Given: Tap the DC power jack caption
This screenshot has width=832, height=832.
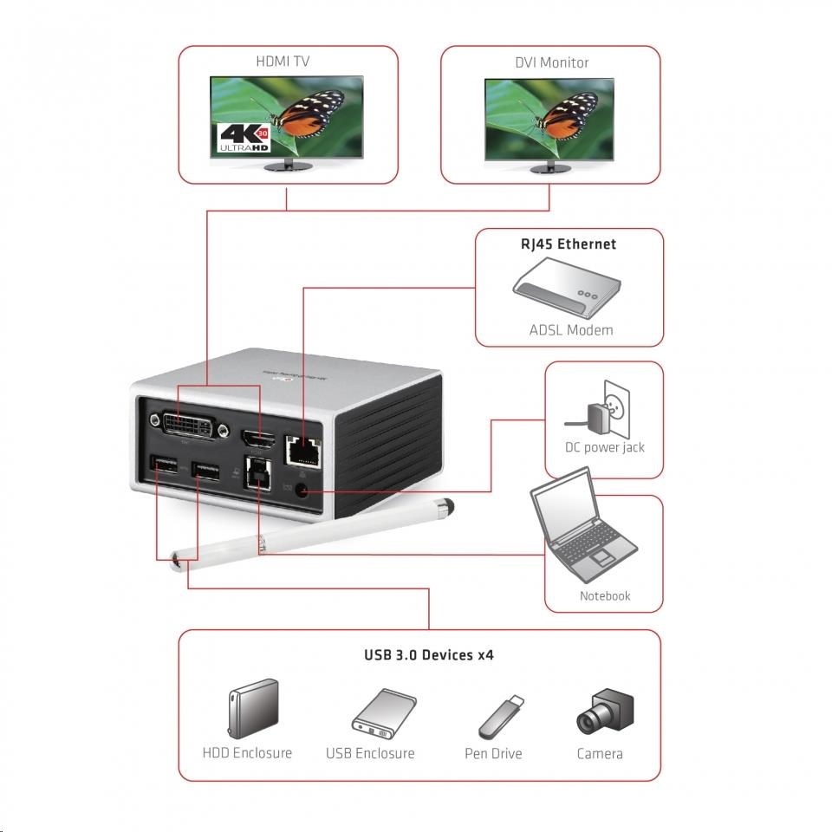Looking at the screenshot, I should pyautogui.click(x=603, y=448).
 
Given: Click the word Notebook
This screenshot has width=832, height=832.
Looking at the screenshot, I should pyautogui.click(x=605, y=596).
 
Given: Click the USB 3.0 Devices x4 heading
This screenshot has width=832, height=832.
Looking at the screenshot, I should pyautogui.click(x=428, y=655).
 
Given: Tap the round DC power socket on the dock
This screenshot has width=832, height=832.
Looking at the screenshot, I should pyautogui.click(x=302, y=490).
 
